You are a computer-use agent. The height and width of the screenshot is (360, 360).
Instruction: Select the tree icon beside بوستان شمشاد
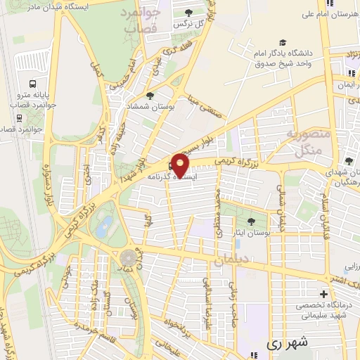coord(149,96)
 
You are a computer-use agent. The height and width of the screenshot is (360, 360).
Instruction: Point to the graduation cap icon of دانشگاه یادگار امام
coord(283,41)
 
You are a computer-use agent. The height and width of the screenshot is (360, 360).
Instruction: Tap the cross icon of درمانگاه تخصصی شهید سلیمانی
coord(323,293)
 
